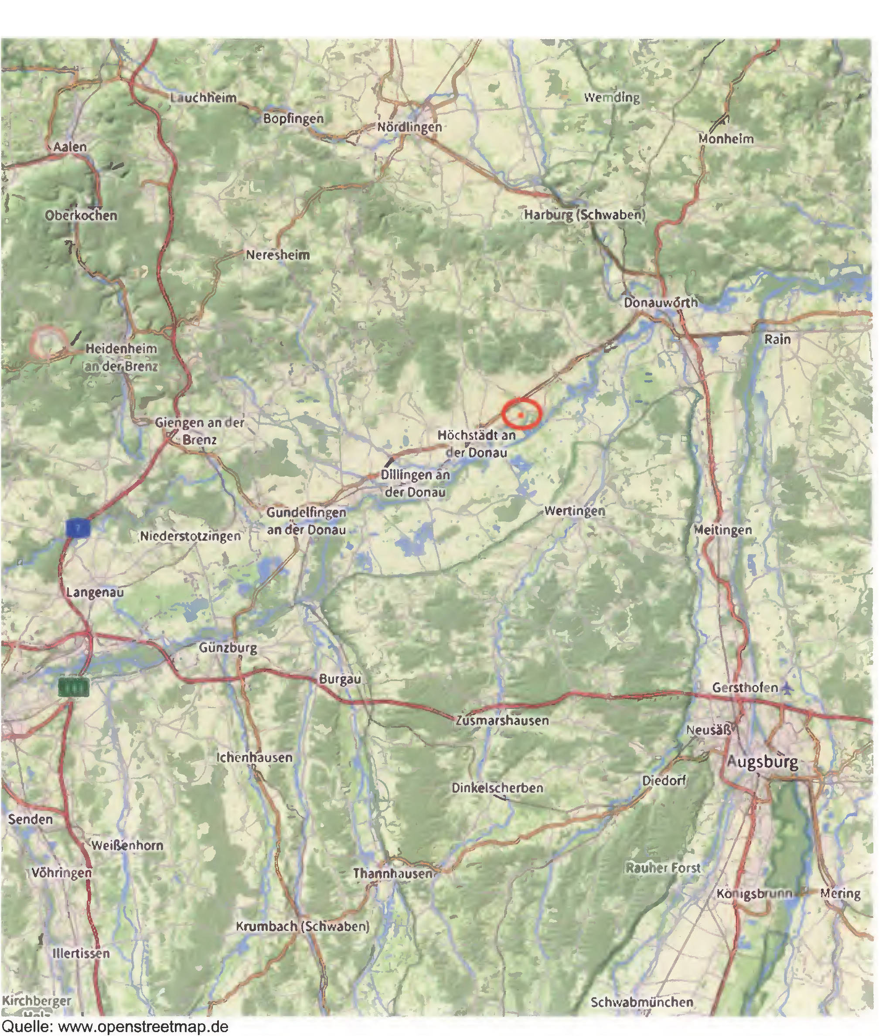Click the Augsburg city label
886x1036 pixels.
(x=762, y=761)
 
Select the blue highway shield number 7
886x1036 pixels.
(x=78, y=528)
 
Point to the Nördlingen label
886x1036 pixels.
(x=409, y=127)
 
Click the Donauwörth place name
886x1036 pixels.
(x=660, y=303)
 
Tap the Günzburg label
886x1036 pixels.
(x=228, y=648)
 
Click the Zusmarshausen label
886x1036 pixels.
(x=502, y=720)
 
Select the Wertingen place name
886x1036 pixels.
(x=575, y=511)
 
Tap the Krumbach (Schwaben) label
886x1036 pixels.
(x=303, y=927)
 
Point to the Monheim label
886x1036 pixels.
(x=726, y=139)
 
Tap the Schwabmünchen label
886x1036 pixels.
(x=642, y=1002)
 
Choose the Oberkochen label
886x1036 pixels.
(x=81, y=215)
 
